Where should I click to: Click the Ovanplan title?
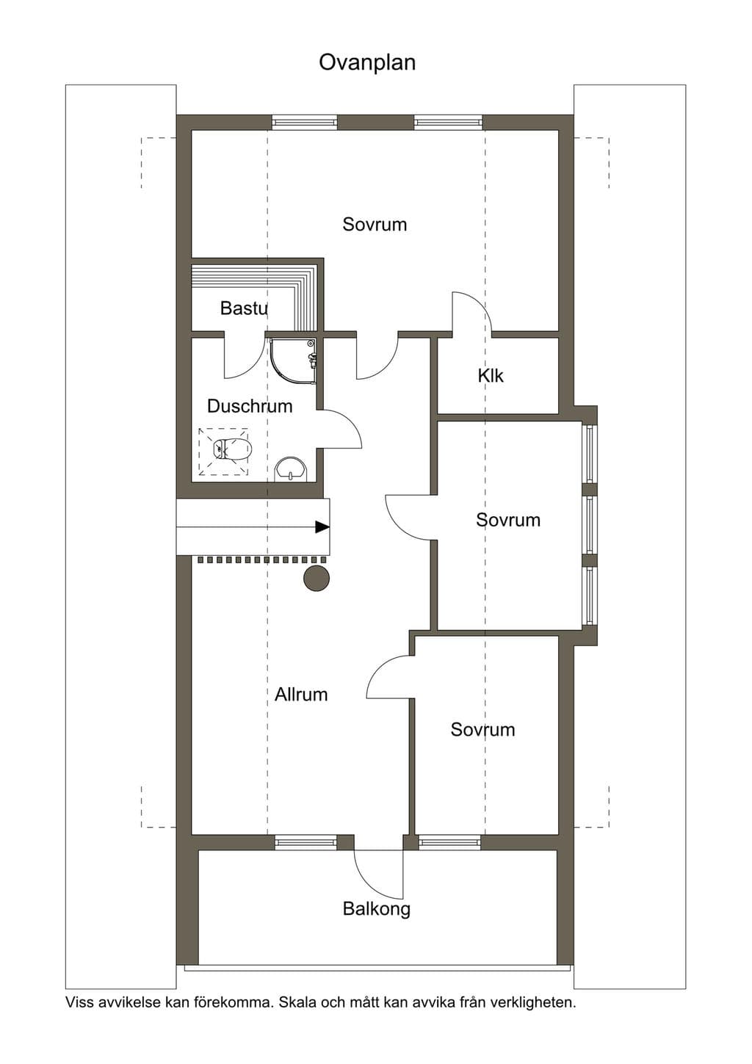click(366, 63)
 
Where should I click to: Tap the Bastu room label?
click(244, 308)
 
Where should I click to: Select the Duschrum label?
click(250, 406)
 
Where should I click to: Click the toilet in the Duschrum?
click(232, 449)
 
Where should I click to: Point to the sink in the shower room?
click(292, 469)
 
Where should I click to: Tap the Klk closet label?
click(491, 376)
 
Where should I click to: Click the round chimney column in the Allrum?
click(317, 578)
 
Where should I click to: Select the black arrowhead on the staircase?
click(322, 526)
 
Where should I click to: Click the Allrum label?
click(301, 695)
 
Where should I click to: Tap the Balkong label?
click(377, 909)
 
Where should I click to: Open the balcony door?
click(379, 874)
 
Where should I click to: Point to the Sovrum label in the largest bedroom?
click(375, 224)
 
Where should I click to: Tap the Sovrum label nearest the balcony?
click(482, 730)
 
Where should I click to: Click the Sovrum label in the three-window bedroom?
click(508, 520)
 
